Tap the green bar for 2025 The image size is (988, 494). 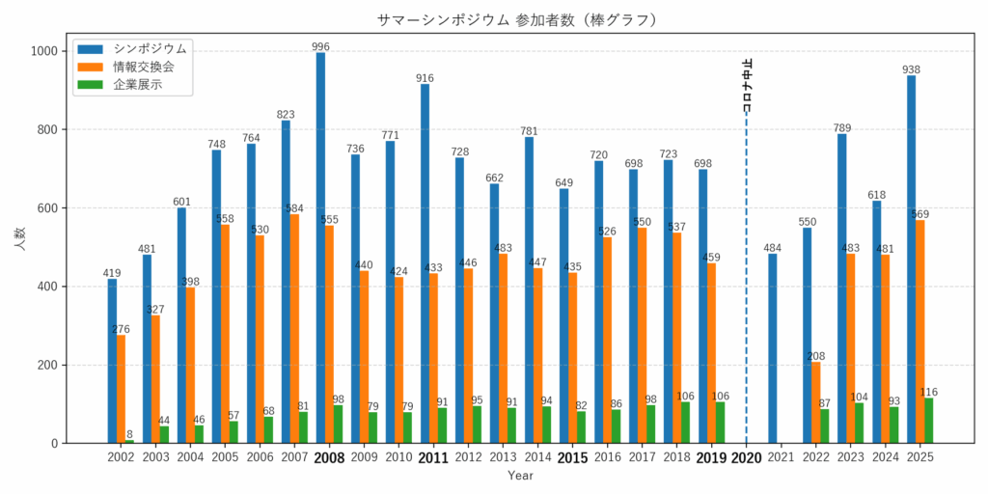[x=928, y=421]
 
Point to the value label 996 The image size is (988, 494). [x=320, y=46]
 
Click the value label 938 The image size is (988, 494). [x=911, y=69]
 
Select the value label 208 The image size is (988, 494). [x=816, y=356]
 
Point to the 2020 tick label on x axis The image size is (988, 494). [x=746, y=458]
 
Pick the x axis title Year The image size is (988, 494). [x=520, y=476]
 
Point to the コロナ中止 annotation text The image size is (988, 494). [x=748, y=86]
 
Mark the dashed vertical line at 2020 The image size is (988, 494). [x=746, y=289]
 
